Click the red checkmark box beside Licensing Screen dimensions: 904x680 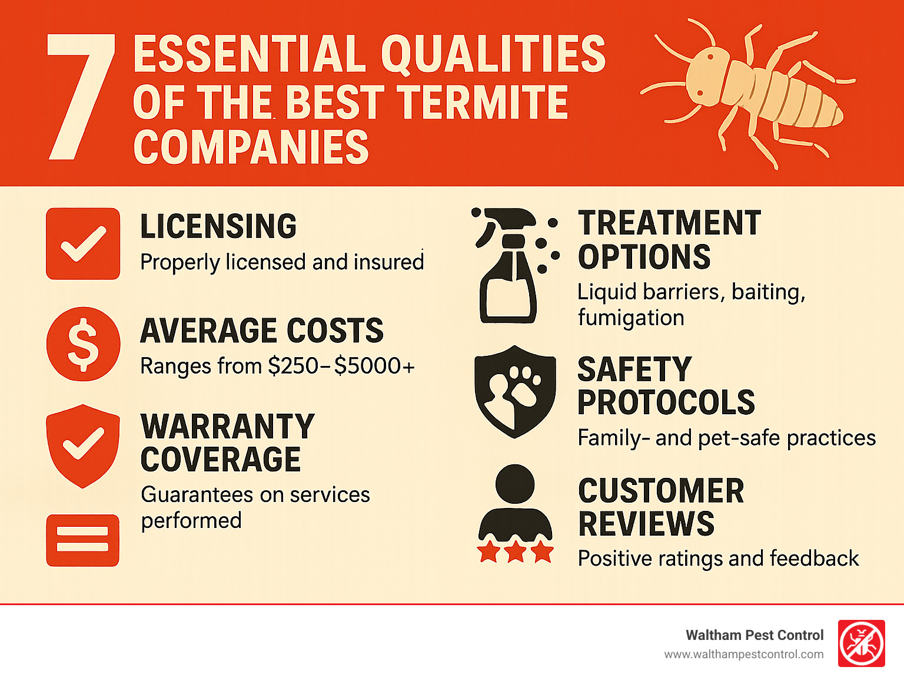tap(83, 244)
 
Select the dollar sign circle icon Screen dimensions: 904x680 tap(83, 344)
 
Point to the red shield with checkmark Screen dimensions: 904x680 tap(83, 446)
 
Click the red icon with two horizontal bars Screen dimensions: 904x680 tap(83, 540)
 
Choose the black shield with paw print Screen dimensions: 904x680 tap(515, 392)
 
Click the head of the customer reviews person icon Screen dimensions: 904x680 tap(515, 484)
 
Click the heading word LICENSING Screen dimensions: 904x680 tap(218, 226)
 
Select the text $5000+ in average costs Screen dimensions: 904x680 tap(374, 366)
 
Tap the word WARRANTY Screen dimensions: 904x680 tap(228, 427)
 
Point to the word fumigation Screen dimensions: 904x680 tap(631, 318)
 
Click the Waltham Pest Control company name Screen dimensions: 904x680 tap(755, 635)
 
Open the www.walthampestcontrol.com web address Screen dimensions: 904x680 tap(744, 655)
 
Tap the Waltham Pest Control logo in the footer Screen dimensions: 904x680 tap(862, 643)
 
